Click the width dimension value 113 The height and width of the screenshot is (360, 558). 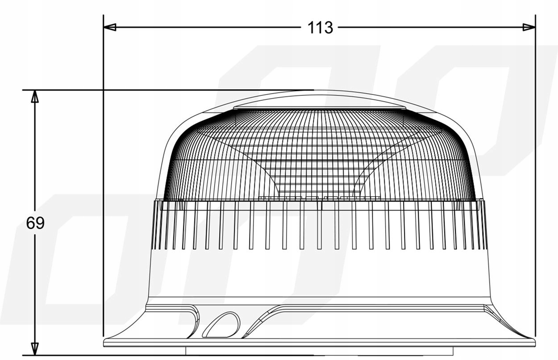coord(320,28)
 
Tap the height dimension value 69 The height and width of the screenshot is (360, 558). coord(35,223)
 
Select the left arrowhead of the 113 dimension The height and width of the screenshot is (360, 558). coord(110,27)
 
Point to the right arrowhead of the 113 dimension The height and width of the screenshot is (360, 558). coord(529,27)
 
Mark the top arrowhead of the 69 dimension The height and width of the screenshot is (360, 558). coord(35,96)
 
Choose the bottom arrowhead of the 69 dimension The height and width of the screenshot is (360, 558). coord(35,349)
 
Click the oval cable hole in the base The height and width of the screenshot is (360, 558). coord(221,325)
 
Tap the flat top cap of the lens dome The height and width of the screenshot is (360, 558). coord(320,108)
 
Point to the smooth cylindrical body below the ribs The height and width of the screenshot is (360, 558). coord(320,273)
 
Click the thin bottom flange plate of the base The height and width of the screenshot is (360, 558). coord(320,342)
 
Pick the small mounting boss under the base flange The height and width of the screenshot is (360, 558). coord(320,351)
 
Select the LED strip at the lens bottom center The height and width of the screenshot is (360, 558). coord(320,198)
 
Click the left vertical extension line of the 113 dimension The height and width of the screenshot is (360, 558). coord(104,178)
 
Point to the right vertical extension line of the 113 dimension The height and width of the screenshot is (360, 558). coord(535,178)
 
